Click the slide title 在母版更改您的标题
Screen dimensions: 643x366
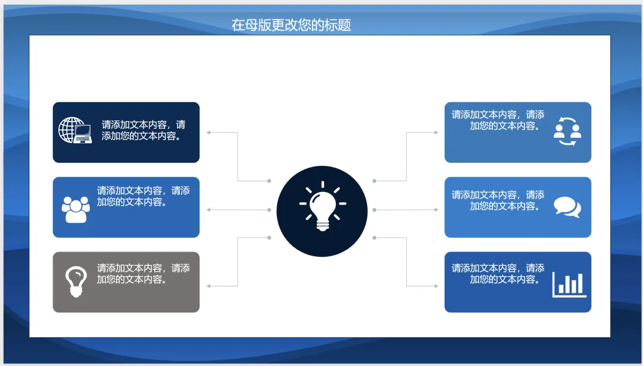(291, 25)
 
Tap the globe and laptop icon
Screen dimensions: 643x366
(75, 131)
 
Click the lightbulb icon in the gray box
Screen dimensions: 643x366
(76, 281)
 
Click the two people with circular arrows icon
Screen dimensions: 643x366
(567, 132)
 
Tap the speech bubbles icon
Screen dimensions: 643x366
(567, 207)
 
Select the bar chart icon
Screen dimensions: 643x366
(569, 284)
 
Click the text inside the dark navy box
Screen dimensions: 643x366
(143, 130)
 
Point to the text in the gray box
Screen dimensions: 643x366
(143, 274)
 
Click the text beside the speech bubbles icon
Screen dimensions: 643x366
(498, 200)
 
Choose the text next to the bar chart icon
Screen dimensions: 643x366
(498, 274)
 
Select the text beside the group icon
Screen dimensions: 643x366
(143, 196)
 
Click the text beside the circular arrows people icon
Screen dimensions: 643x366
(498, 120)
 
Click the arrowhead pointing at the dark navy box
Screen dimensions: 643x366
(208, 132)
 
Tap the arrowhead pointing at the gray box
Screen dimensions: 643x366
(208, 286)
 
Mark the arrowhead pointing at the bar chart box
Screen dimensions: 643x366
(436, 286)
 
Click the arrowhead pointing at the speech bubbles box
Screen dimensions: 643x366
(436, 210)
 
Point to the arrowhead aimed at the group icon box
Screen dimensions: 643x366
(208, 210)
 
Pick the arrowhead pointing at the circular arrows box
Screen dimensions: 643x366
(436, 132)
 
